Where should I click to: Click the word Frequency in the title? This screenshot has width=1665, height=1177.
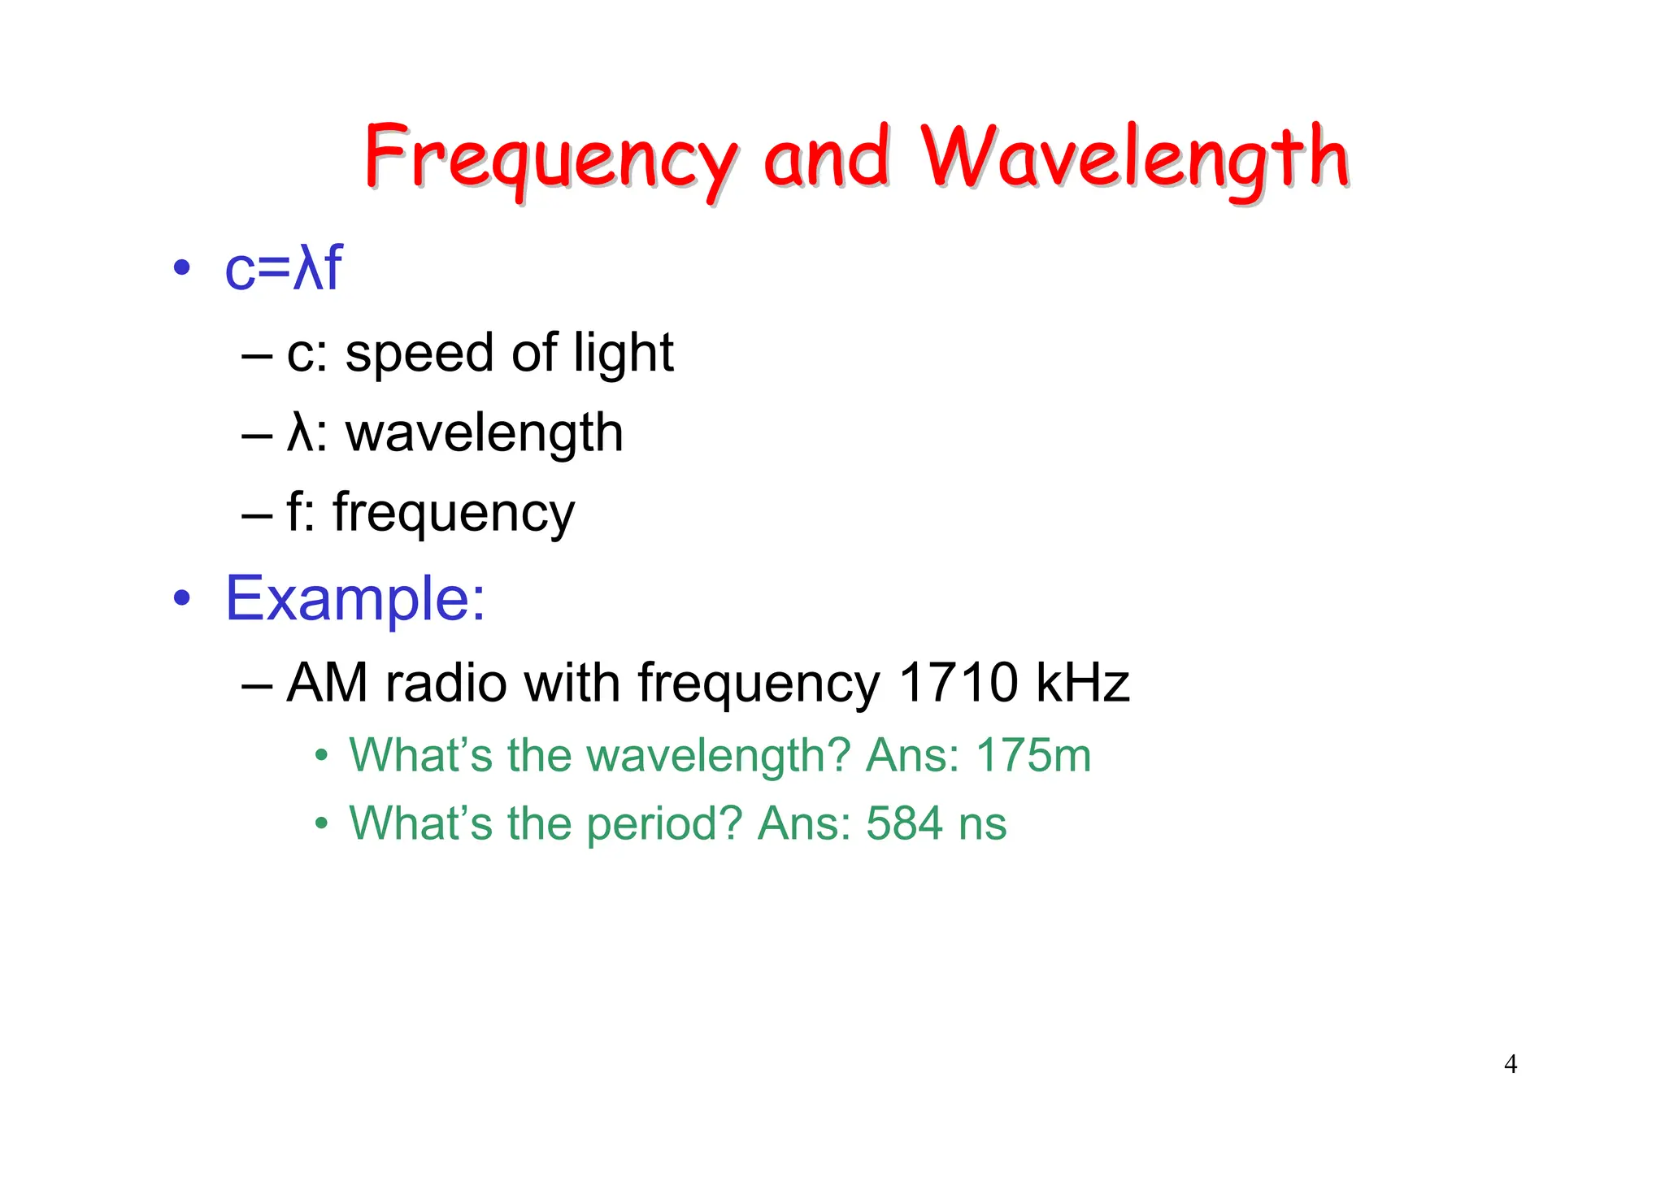coord(551,159)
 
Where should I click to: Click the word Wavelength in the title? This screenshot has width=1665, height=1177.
coord(1134,159)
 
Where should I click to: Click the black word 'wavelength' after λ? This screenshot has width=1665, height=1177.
coord(485,433)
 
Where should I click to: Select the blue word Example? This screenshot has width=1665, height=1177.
coord(354,599)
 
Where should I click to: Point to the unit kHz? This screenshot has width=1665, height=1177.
coord(1082,682)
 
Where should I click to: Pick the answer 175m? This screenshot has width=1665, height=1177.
coord(1033,755)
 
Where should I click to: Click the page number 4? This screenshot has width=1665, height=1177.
coord(1511,1064)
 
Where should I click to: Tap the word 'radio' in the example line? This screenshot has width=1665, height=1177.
coord(446,682)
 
